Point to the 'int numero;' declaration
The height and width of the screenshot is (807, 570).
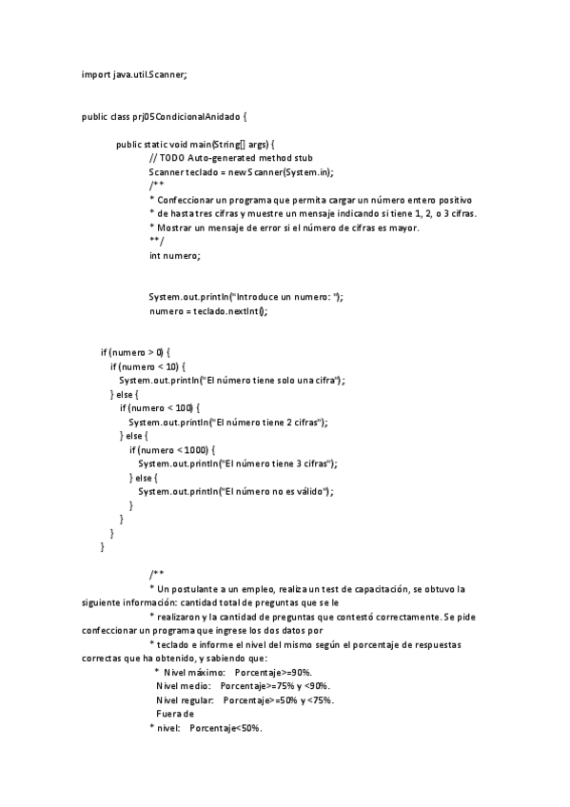175,255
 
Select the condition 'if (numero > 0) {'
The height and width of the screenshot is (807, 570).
136,352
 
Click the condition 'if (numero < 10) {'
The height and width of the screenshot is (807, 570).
148,366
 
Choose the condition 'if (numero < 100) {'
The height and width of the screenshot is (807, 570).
160,407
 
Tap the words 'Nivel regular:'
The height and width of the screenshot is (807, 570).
186,700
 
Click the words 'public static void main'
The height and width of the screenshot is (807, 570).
163,145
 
